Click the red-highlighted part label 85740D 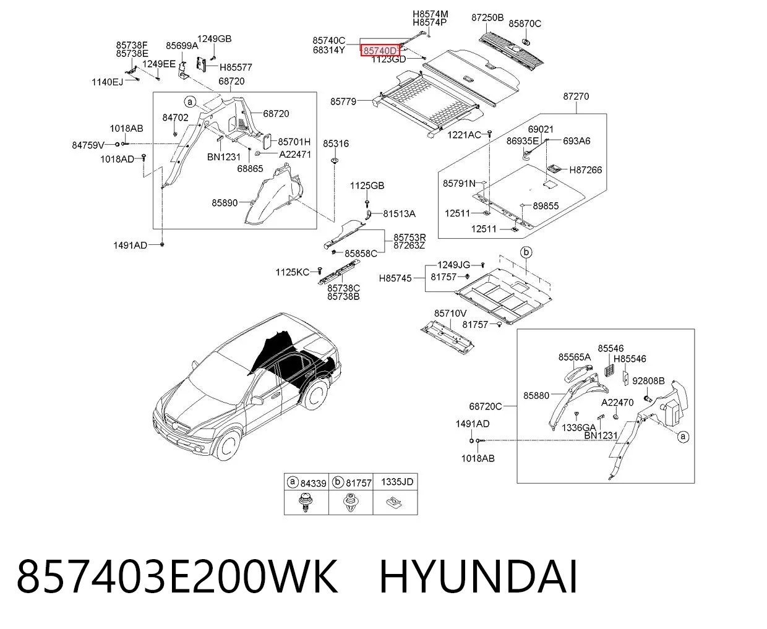(380, 51)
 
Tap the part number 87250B (487, 17)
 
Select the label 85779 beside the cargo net (343, 101)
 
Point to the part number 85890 (225, 203)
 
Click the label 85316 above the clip (336, 143)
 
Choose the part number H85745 (395, 278)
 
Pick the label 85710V (450, 314)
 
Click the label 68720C (485, 406)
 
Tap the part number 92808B (648, 381)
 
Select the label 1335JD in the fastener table (397, 482)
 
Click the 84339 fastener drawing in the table (305, 502)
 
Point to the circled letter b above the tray (526, 252)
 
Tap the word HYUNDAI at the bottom (478, 578)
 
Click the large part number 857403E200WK (177, 578)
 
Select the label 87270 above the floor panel (576, 96)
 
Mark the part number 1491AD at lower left (130, 246)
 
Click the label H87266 (586, 170)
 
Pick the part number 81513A (399, 214)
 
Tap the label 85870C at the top (525, 24)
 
